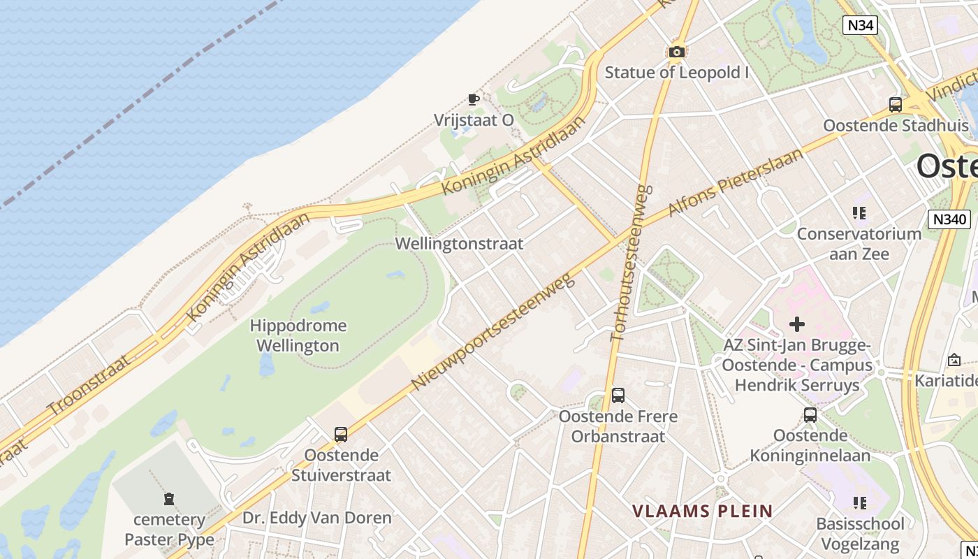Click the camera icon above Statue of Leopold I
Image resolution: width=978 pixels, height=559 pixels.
click(x=676, y=52)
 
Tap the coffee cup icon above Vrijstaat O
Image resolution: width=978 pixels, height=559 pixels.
click(x=474, y=99)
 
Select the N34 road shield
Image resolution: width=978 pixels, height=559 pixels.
click(x=859, y=26)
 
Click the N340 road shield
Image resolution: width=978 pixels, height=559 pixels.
click(x=949, y=219)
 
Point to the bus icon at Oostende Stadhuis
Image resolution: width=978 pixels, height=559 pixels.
click(x=896, y=105)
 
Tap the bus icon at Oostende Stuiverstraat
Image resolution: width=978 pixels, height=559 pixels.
click(x=341, y=434)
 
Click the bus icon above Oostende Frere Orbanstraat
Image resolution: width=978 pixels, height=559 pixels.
click(x=618, y=395)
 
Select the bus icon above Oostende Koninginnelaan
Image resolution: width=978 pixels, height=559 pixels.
click(x=810, y=414)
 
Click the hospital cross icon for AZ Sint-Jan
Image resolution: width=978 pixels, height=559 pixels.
click(x=796, y=324)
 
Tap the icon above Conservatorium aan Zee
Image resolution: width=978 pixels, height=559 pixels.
click(x=859, y=213)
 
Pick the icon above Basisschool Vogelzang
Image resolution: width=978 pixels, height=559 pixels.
click(x=860, y=502)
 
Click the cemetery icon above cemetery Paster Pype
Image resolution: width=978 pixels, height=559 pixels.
click(x=169, y=499)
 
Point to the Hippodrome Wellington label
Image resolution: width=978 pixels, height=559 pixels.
click(x=298, y=335)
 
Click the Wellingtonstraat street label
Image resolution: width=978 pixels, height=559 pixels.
click(x=459, y=244)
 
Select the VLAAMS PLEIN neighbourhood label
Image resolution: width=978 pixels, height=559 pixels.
click(x=703, y=511)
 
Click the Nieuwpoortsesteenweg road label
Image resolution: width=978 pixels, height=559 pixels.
click(x=493, y=331)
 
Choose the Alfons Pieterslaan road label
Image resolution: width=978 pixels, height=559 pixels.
click(x=735, y=182)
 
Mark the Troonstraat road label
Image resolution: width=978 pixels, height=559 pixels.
click(x=89, y=384)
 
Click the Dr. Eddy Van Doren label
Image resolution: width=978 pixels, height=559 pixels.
click(x=317, y=518)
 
